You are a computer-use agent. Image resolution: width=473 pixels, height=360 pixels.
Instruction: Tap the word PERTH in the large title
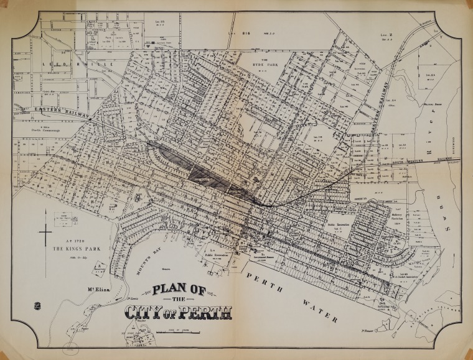pos(205,310)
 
